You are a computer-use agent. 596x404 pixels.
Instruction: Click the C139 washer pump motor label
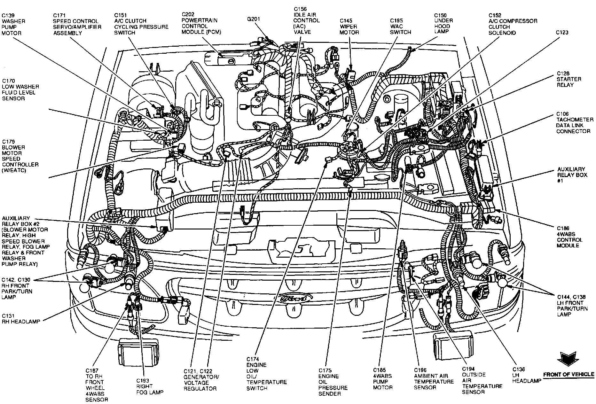(13, 24)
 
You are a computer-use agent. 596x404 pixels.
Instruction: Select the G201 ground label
(254, 19)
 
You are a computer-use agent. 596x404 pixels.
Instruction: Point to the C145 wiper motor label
(349, 27)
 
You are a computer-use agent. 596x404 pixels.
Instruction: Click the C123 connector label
(562, 32)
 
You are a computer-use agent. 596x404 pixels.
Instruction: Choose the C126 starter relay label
(564, 79)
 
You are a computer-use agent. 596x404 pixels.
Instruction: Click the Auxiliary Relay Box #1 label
(571, 175)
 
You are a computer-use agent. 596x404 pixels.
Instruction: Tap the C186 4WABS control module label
(570, 237)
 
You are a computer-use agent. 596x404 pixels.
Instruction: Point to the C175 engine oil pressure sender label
(333, 382)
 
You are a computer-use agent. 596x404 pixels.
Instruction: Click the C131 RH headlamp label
(21, 319)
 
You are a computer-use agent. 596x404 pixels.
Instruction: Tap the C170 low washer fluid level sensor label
(20, 89)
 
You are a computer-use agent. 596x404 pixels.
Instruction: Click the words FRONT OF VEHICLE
(569, 374)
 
